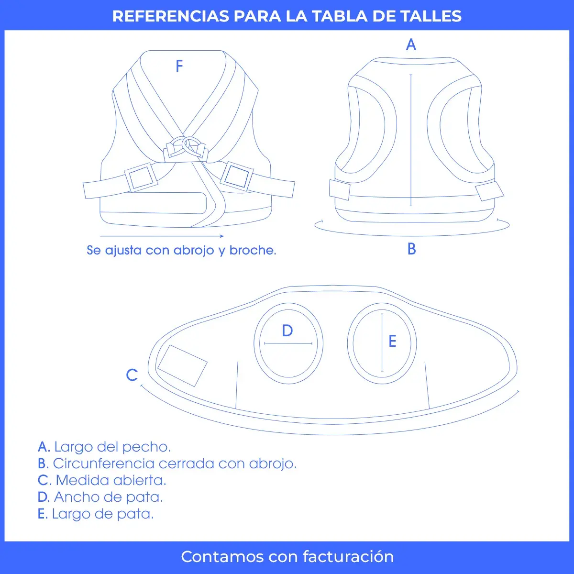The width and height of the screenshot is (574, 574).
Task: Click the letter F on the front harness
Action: tap(179, 66)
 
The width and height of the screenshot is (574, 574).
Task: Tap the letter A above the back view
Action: tap(411, 45)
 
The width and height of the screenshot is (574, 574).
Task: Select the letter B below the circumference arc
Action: tap(411, 249)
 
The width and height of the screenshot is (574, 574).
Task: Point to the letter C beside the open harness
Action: tap(132, 375)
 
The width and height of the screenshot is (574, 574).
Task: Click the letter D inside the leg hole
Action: tap(287, 331)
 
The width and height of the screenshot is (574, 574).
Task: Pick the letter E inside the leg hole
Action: tap(392, 342)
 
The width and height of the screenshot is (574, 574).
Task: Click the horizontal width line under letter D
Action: tap(288, 343)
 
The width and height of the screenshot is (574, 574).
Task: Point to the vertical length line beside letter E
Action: tap(382, 342)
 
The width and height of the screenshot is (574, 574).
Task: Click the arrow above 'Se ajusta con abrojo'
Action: tap(162, 236)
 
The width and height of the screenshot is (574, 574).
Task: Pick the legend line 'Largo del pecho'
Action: tap(104, 447)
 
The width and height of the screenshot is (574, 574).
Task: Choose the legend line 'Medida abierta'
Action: tap(102, 480)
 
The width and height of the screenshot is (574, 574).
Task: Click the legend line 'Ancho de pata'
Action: tap(100, 497)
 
